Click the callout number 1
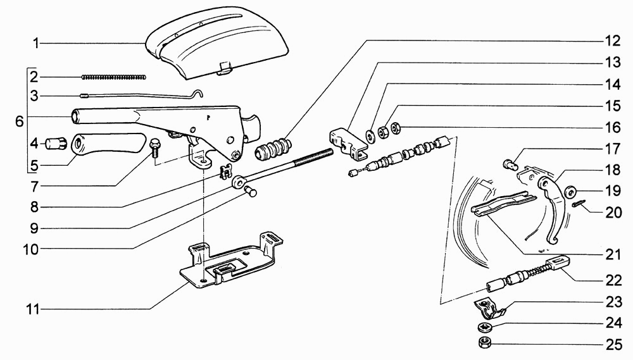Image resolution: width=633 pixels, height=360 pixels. [36, 43]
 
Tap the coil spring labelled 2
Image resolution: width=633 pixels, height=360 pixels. [114, 77]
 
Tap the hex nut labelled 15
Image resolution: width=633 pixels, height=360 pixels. [383, 131]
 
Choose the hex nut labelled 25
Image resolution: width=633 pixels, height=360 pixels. [482, 343]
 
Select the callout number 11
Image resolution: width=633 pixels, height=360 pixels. [33, 309]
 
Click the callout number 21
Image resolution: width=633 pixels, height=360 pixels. [613, 255]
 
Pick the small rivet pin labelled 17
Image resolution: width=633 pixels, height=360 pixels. [510, 164]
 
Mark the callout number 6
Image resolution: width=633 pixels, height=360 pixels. [20, 121]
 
